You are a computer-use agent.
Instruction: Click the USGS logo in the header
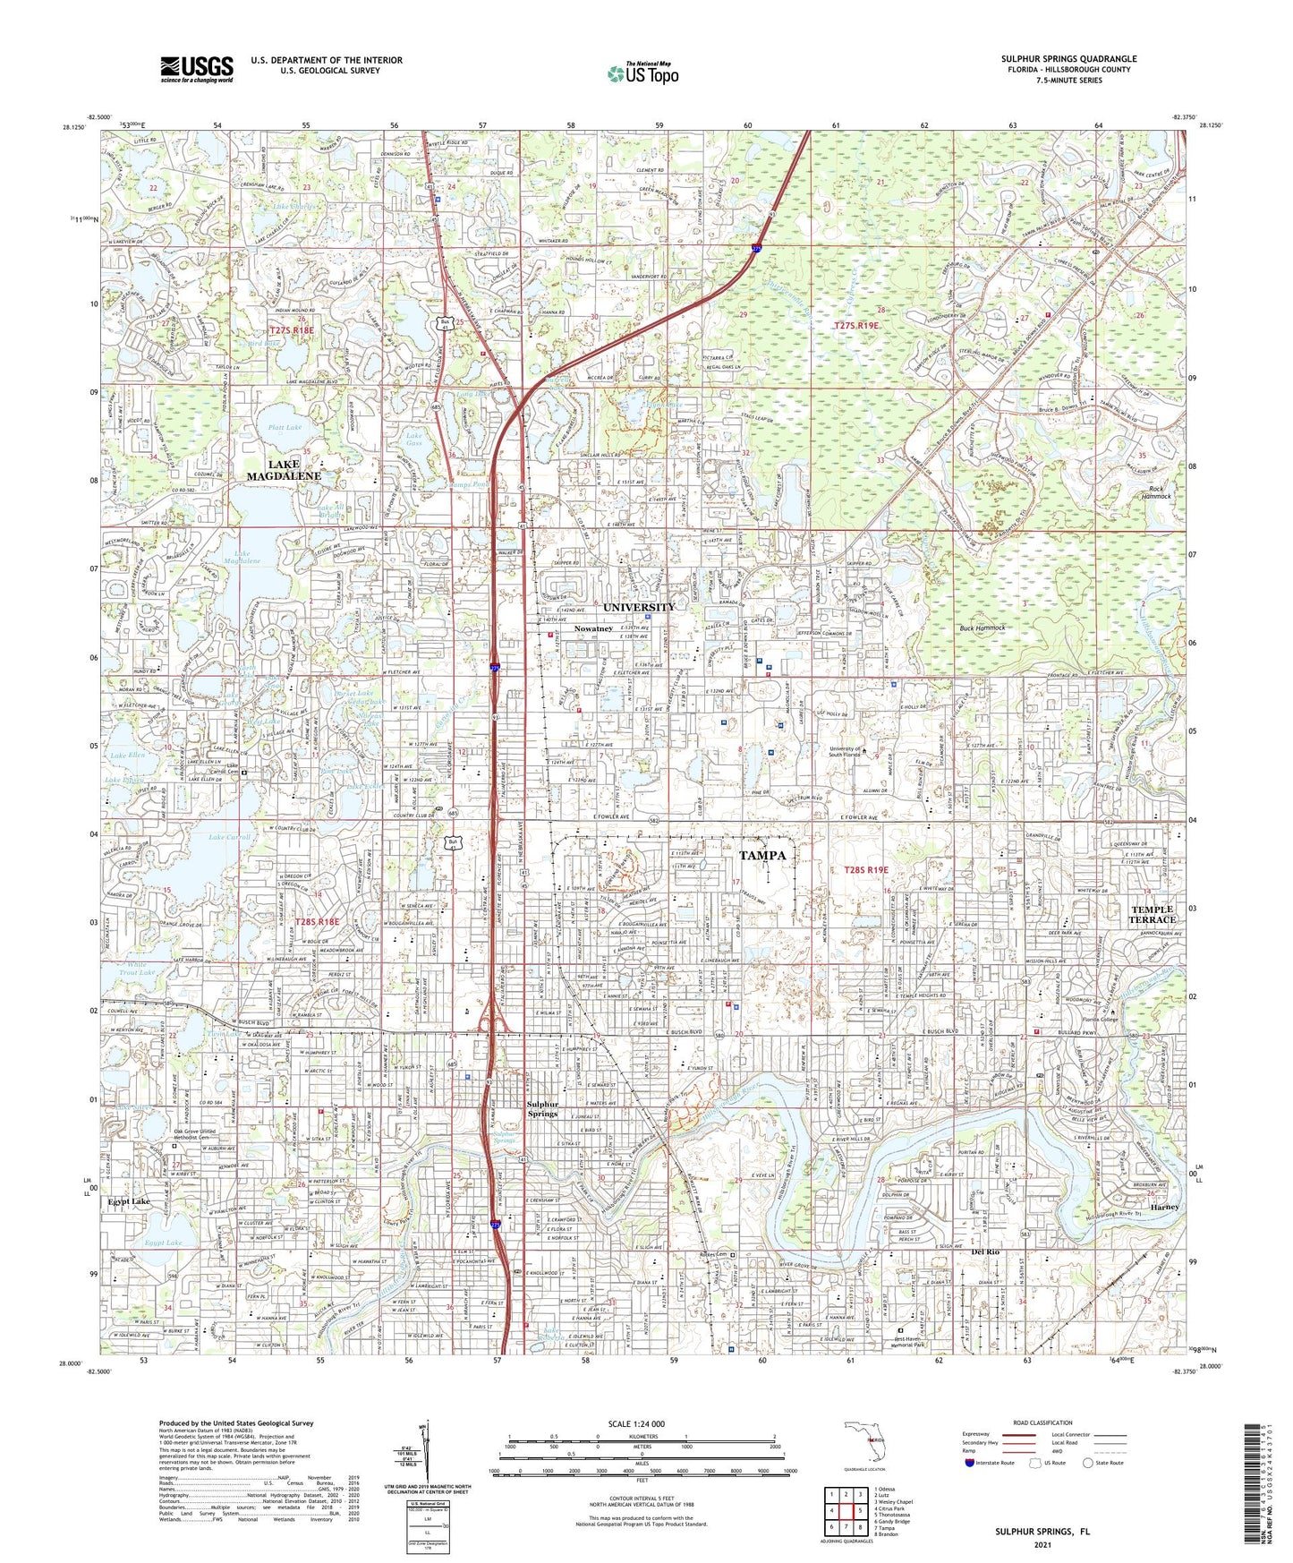pos(197,68)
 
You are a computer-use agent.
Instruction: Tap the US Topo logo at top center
pos(642,73)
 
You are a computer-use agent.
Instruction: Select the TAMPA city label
pos(762,855)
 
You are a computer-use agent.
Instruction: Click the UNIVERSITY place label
pos(639,608)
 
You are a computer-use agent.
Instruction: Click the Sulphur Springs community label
pos(542,1108)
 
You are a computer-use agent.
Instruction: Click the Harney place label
pos(1164,1207)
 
